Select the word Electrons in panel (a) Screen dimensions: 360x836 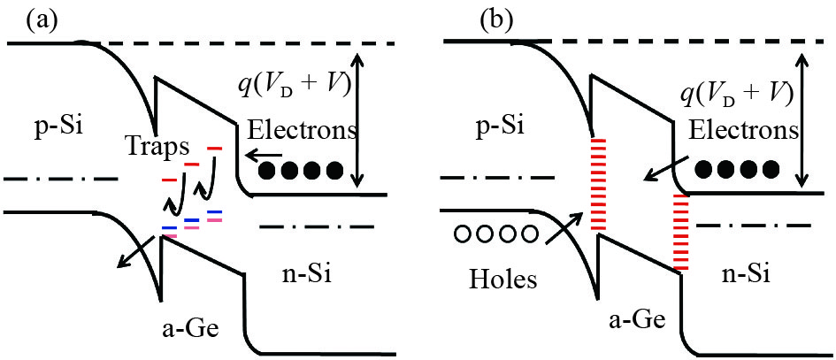pyautogui.click(x=303, y=130)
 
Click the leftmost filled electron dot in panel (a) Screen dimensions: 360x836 pyautogui.click(x=266, y=168)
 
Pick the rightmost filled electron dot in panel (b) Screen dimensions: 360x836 pyautogui.click(x=771, y=168)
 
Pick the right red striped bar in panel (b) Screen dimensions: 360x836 pyautogui.click(x=680, y=232)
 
